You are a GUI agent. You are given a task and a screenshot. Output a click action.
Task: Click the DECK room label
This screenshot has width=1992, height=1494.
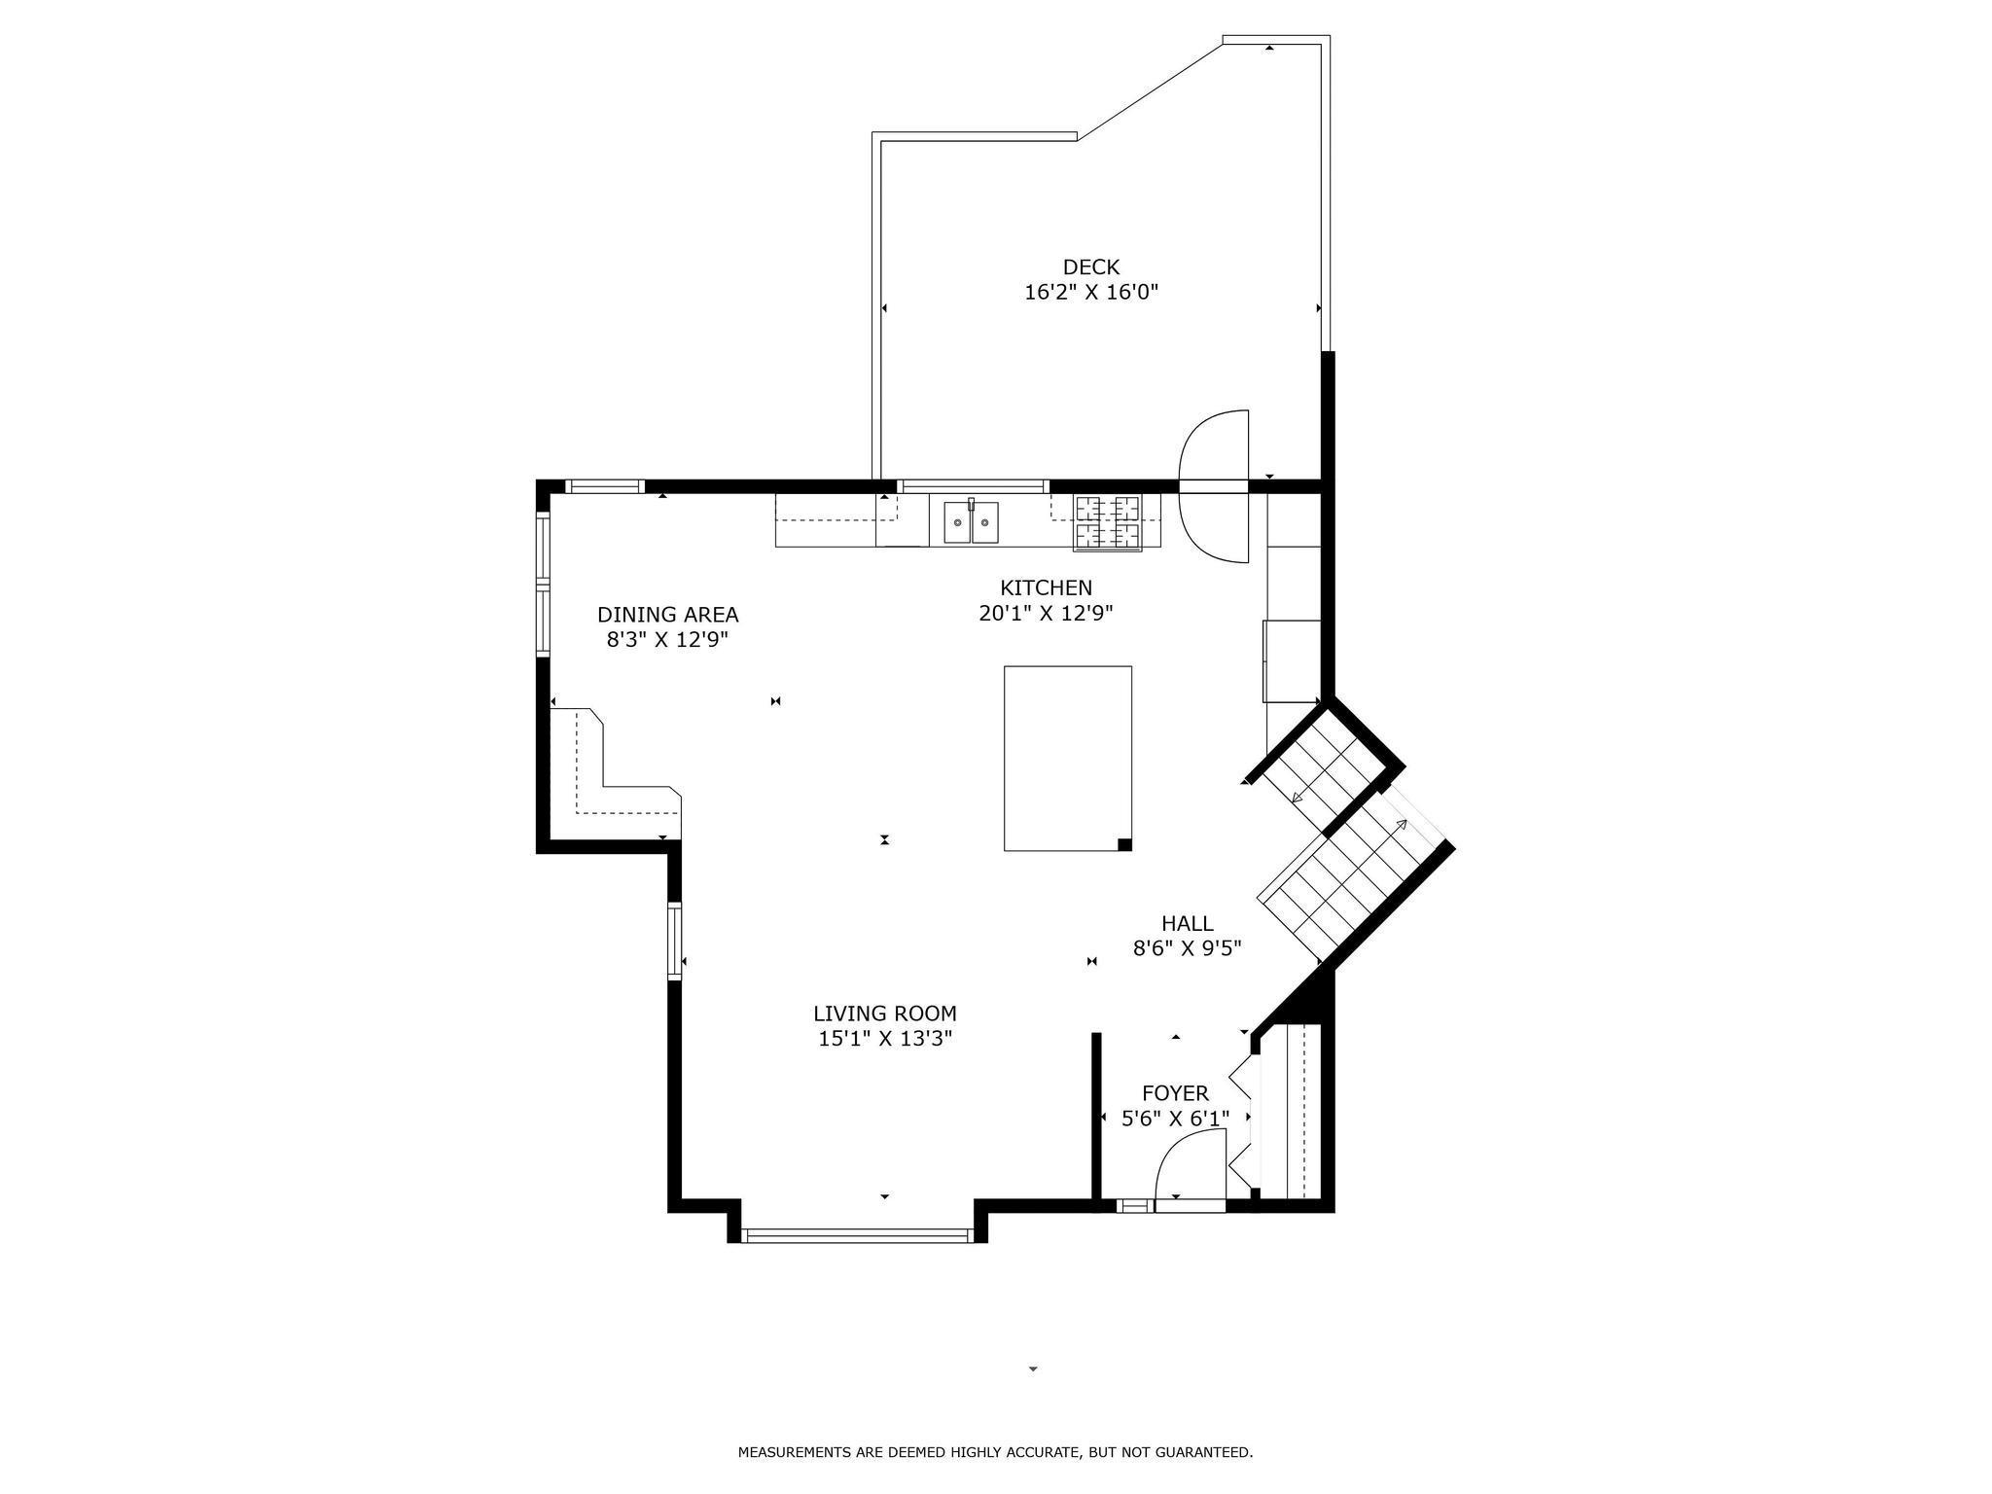[x=1090, y=267]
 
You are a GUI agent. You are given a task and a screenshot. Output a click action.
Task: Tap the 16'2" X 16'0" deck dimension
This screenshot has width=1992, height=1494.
[x=1091, y=292]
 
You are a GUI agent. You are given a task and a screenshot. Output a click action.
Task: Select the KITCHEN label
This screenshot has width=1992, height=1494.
[x=1046, y=587]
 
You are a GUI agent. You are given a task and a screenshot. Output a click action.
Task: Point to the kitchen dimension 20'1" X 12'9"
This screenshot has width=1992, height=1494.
[x=1046, y=613]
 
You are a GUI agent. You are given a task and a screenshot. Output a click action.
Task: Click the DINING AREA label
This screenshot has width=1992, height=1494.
[x=667, y=615]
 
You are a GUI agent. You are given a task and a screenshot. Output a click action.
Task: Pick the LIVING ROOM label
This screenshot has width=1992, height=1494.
[x=885, y=1014]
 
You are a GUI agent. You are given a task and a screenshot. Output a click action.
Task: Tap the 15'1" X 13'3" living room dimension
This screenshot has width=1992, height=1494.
[x=885, y=1039]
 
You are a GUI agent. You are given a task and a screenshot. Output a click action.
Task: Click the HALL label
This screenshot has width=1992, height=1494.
[x=1187, y=923]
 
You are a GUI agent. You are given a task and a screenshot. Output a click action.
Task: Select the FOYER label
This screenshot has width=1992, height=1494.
[x=1175, y=1093]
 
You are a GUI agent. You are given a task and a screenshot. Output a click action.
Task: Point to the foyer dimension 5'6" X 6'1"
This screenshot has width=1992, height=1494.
[x=1175, y=1119]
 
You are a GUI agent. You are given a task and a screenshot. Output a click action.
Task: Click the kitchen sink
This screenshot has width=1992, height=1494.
[x=971, y=522]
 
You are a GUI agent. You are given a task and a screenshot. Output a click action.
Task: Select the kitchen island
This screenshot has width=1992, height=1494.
[x=1068, y=759]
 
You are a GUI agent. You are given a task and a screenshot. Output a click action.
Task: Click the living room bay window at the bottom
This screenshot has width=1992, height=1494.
[x=856, y=1236]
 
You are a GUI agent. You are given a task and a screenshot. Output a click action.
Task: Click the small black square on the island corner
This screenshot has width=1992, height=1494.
[x=1124, y=844]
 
